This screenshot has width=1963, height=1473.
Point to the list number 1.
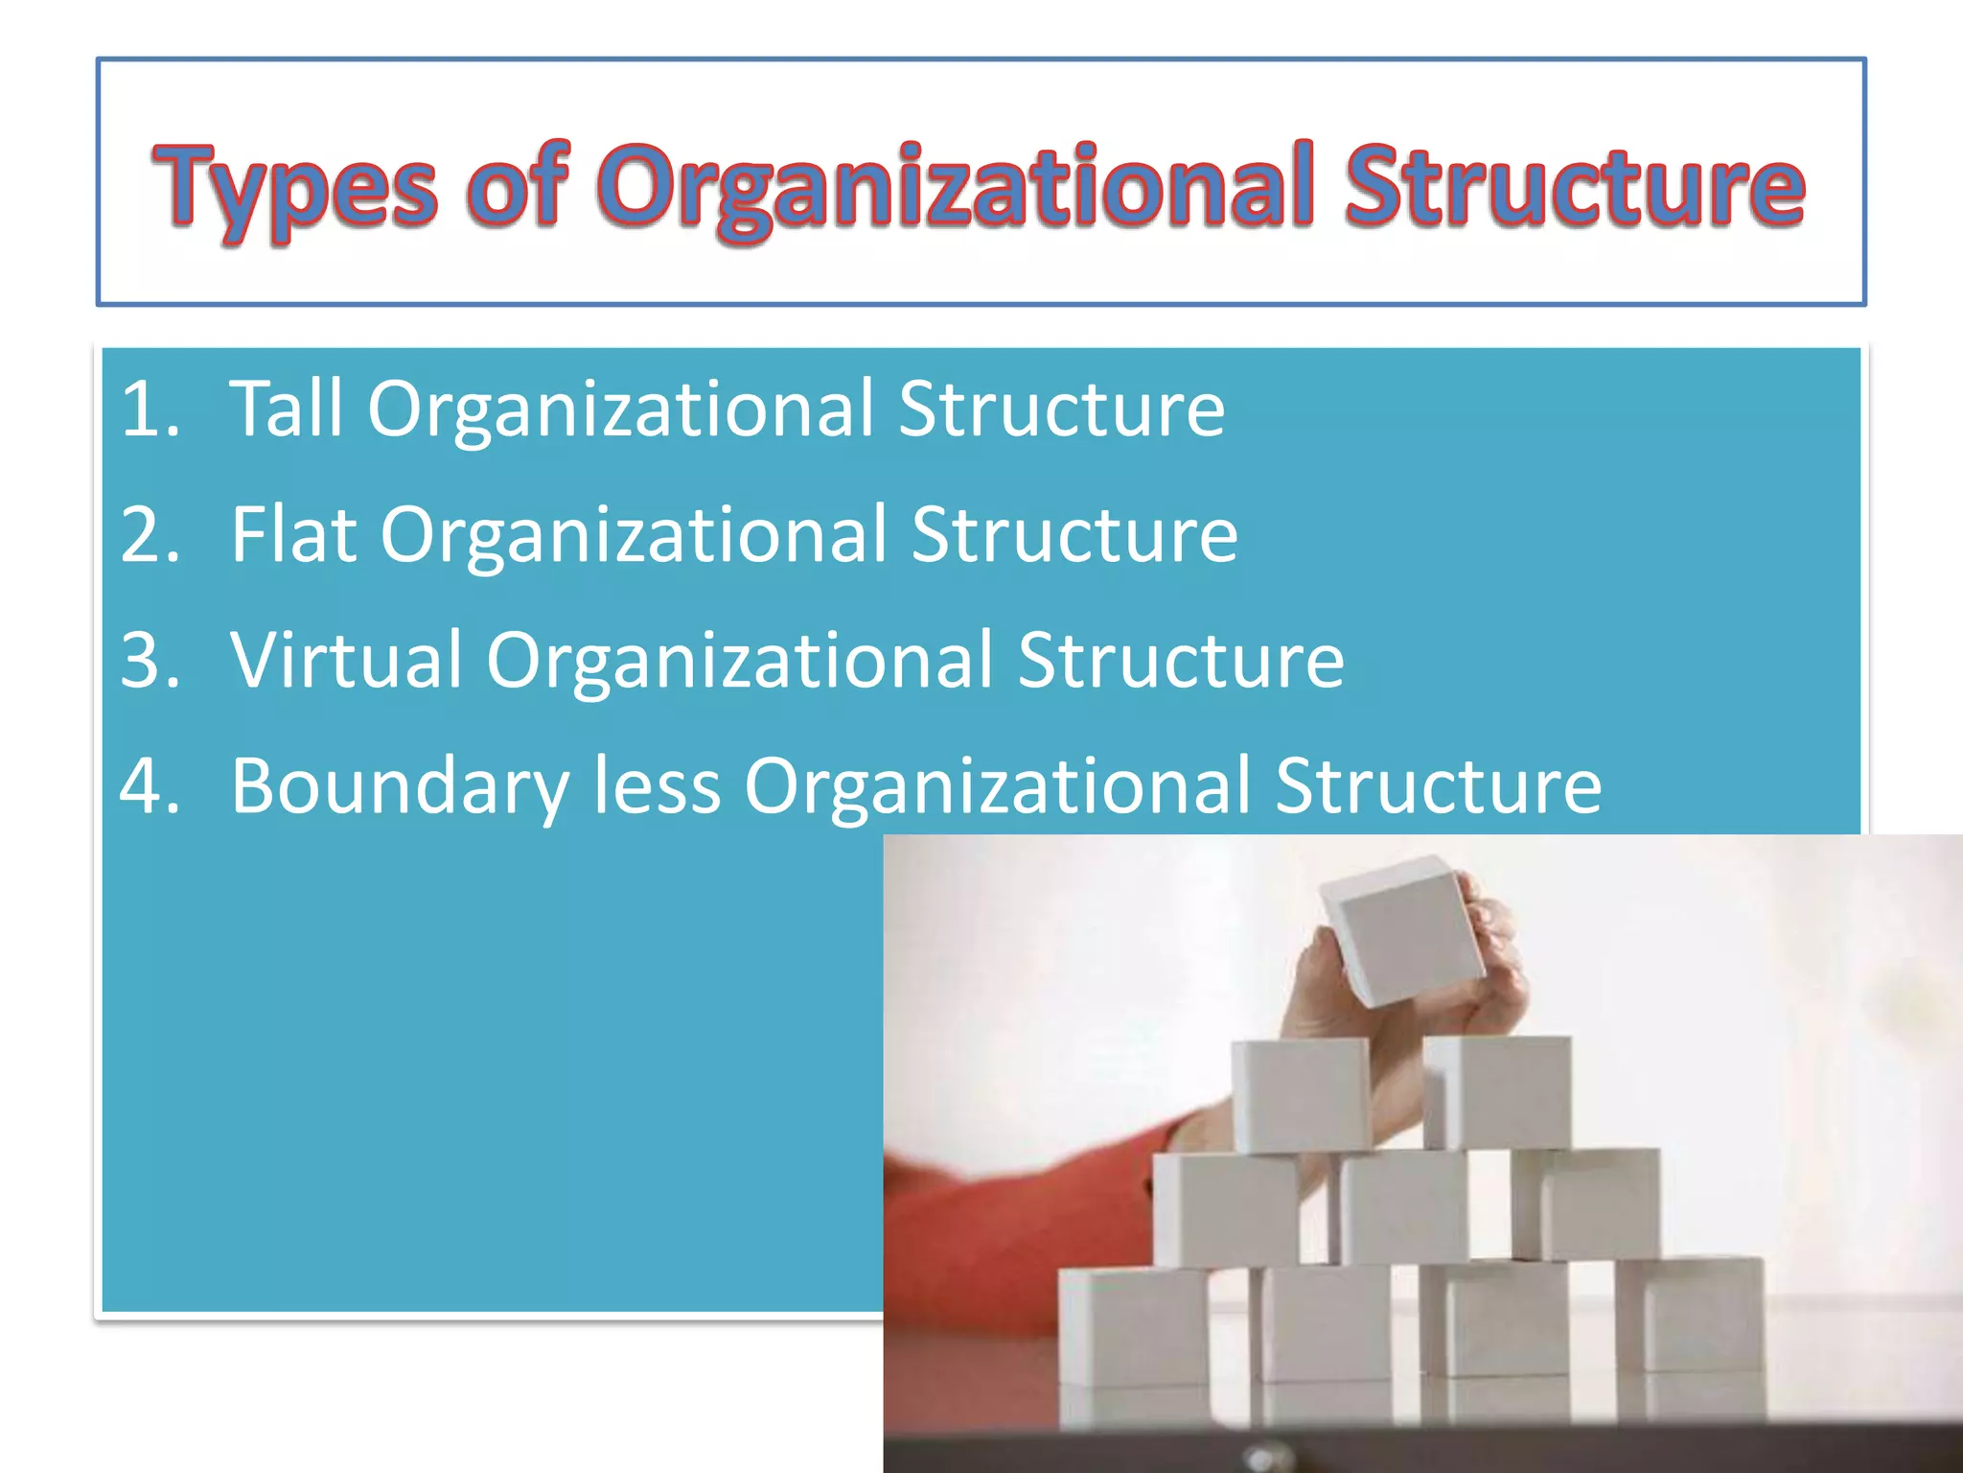tap(150, 409)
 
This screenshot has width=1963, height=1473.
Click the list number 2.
tap(150, 535)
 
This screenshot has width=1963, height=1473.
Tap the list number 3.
tap(150, 661)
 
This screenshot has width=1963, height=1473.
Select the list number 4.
tap(150, 786)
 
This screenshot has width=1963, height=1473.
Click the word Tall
tap(287, 409)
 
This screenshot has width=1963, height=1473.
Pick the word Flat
tap(293, 535)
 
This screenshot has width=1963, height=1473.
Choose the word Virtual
tap(346, 661)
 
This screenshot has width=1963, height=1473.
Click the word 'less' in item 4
tap(657, 786)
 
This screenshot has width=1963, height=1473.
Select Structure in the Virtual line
tap(1181, 661)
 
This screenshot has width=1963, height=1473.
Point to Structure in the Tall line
tap(1061, 409)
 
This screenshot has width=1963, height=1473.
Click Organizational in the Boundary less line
tap(998, 786)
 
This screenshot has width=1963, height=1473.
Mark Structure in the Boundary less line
tap(1438, 786)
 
